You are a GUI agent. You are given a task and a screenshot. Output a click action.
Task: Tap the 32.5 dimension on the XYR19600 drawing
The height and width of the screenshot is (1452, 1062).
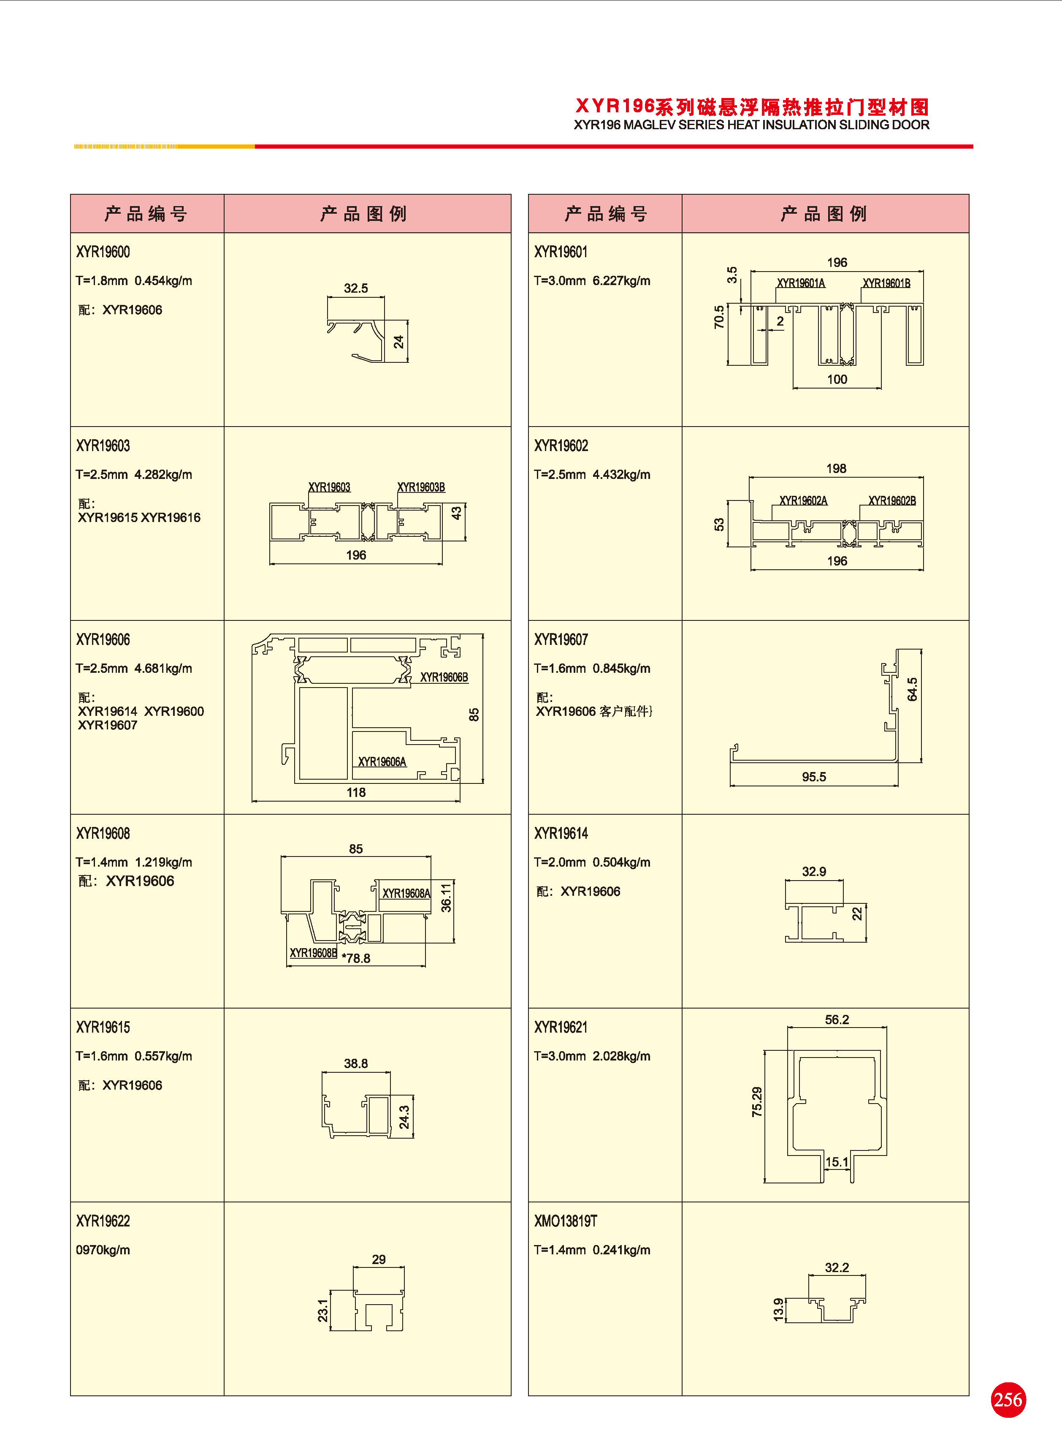[x=355, y=288]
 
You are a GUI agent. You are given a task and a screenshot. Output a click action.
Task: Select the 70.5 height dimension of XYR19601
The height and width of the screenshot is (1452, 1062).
[x=719, y=317]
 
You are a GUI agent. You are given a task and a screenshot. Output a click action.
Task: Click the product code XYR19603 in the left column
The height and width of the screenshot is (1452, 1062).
[x=103, y=446]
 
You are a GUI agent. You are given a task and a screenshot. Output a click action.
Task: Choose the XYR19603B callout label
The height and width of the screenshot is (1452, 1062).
[x=421, y=487]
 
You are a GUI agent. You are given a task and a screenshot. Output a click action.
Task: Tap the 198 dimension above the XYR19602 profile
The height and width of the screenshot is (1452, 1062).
[x=836, y=468]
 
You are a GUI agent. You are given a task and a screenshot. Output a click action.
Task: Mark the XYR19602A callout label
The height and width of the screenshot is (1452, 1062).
[x=803, y=500]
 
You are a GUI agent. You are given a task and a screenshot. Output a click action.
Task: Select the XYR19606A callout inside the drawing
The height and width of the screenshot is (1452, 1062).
[x=382, y=762]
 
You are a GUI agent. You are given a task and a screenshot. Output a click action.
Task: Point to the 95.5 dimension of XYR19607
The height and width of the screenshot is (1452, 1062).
[x=813, y=777]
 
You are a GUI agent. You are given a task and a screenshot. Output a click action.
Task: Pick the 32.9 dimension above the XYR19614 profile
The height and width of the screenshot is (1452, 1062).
[x=813, y=871]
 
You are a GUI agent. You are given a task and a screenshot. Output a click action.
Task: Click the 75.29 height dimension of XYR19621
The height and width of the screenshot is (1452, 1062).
[x=757, y=1101]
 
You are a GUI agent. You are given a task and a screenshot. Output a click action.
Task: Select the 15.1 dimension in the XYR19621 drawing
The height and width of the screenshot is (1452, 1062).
[x=836, y=1162]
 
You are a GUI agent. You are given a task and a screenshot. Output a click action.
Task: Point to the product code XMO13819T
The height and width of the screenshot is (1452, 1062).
[x=565, y=1221]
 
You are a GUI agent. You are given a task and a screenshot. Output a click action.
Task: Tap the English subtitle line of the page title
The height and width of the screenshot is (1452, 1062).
[x=751, y=125]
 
